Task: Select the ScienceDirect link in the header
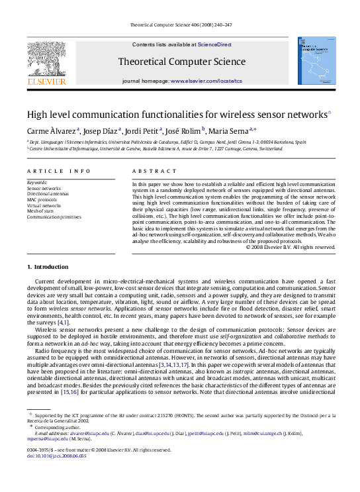(214, 44)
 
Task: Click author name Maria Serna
(231, 130)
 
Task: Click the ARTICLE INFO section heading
(59, 171)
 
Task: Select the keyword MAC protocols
(42, 199)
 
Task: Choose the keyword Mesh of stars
(41, 211)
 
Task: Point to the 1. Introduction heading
(47, 267)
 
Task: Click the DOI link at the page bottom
(57, 475)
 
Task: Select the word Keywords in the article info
(37, 182)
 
